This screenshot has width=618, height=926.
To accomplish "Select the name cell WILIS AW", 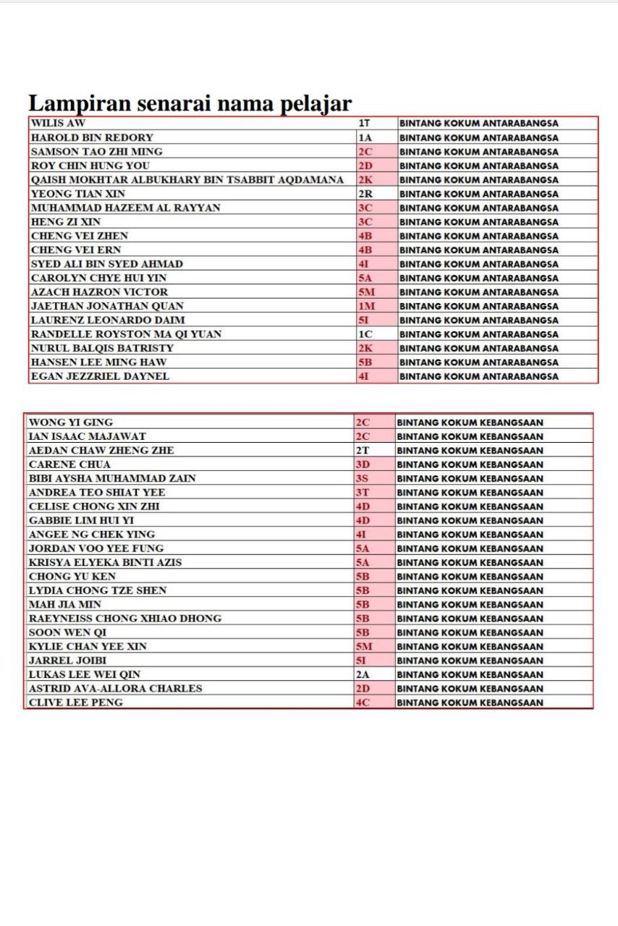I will pos(59,123).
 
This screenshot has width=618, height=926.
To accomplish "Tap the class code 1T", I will pos(365,123).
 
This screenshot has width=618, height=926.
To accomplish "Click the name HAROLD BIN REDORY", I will pos(92,137).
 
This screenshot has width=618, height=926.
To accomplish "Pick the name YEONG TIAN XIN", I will pos(77,194).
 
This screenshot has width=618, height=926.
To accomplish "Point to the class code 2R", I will pos(366,194).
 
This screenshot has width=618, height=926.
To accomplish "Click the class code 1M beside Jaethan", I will pos(367,306).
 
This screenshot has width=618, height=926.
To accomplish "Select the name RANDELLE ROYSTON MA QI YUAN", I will pos(126,334).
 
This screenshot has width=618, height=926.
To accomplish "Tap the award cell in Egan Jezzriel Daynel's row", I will pos(478,376).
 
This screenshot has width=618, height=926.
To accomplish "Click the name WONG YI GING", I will pos(70,422).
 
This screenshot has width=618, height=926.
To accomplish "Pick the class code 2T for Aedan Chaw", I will pos(363,451).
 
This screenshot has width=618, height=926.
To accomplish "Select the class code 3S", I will pos(363,479).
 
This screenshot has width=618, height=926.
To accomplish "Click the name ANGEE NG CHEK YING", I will pos(91,535).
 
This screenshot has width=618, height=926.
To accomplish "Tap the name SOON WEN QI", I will pos(67,632).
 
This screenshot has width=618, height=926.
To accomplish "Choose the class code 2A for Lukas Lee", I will pos(363,674).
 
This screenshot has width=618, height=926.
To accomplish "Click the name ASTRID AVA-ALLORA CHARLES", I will pos(115,689).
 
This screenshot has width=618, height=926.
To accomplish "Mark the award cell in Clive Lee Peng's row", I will pos(470,702).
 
